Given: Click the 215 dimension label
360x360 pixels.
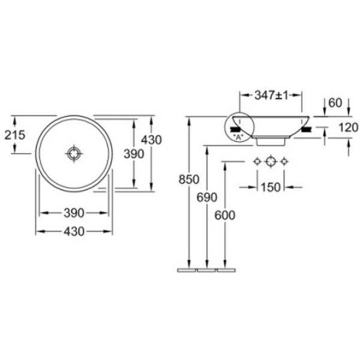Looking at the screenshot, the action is tap(14, 135).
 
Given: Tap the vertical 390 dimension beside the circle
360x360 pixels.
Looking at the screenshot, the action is tap(134, 154).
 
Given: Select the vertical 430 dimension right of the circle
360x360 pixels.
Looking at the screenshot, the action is tap(151, 140).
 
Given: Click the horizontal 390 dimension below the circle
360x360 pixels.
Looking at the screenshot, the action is tap(74, 213).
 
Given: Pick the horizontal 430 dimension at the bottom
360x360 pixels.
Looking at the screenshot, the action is tap(74, 232).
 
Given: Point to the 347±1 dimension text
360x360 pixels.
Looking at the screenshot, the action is tap(271, 95).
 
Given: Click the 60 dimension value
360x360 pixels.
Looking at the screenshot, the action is tap(335, 103).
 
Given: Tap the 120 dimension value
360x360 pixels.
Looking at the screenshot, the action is tap(348, 127).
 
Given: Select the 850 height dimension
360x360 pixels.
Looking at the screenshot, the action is tap(189, 179).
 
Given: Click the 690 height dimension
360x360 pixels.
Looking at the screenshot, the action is tap(207, 197).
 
